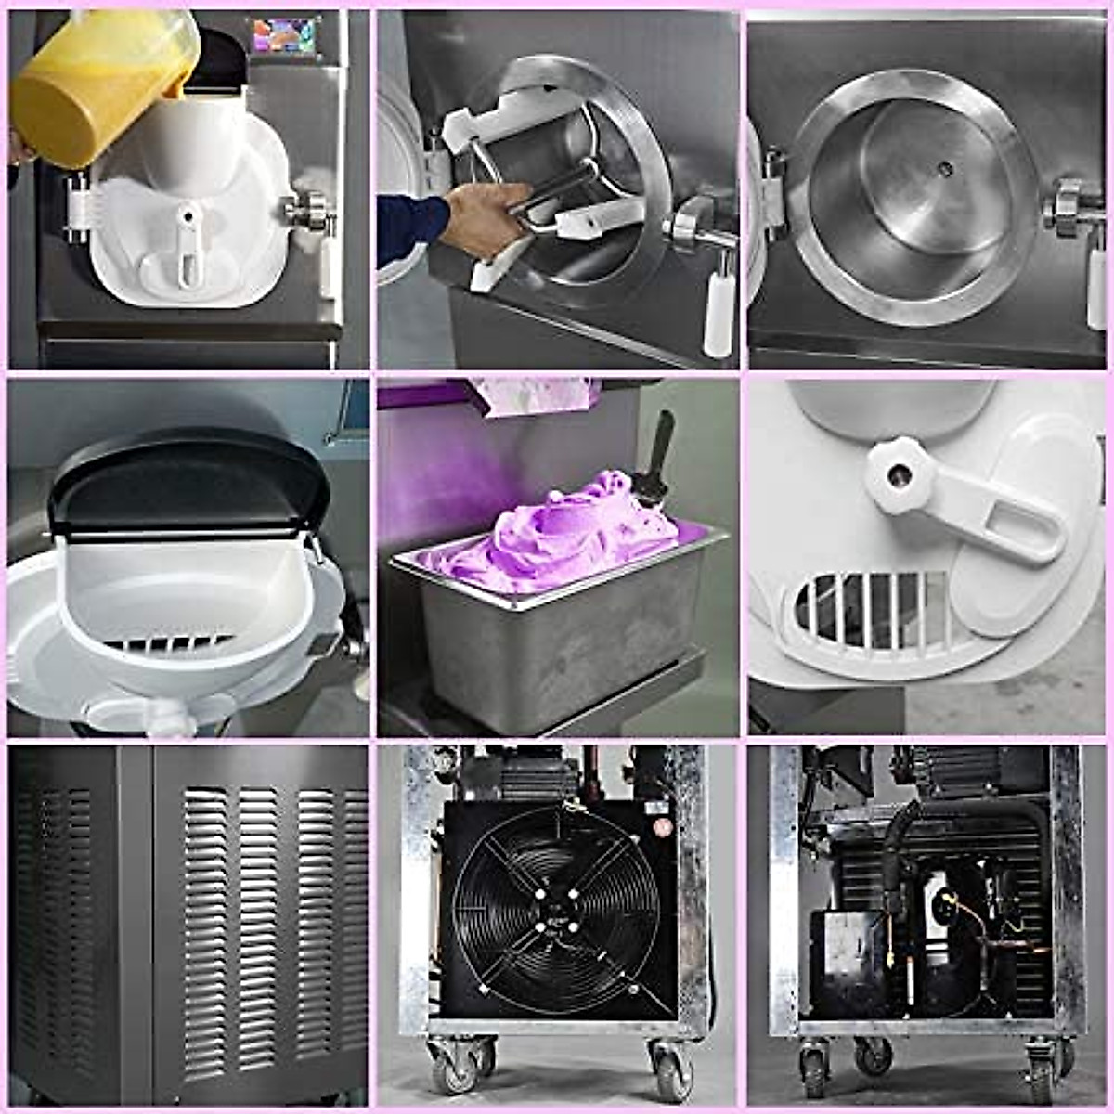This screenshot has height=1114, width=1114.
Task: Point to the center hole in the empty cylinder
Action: tap(944, 169)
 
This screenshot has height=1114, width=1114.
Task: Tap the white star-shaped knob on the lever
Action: tap(899, 474)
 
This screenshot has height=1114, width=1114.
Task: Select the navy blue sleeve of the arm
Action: tap(408, 227)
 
